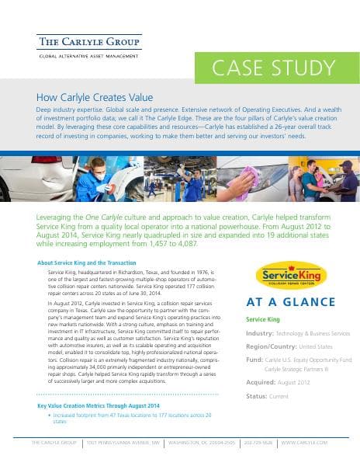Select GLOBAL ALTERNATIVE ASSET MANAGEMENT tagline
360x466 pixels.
89,57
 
